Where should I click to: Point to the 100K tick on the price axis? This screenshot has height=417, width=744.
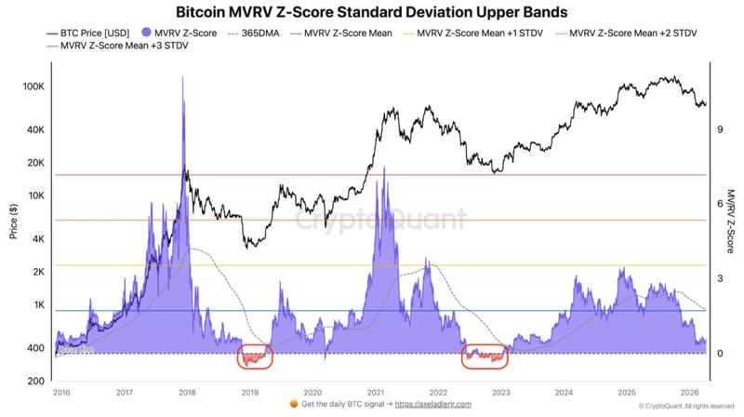tap(33, 87)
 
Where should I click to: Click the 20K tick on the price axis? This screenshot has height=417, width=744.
tap(35, 163)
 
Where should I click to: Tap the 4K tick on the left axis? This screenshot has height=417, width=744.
tap(37, 239)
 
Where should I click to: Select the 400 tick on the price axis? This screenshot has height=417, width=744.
tap(35, 348)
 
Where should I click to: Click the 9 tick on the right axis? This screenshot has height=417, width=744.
tap(720, 129)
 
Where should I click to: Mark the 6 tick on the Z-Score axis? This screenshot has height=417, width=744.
tap(720, 204)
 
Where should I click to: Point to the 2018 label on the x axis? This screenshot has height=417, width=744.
tap(186, 394)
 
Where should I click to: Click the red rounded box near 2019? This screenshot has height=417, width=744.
tap(254, 356)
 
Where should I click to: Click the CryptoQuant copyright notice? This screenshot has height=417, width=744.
tap(685, 407)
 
